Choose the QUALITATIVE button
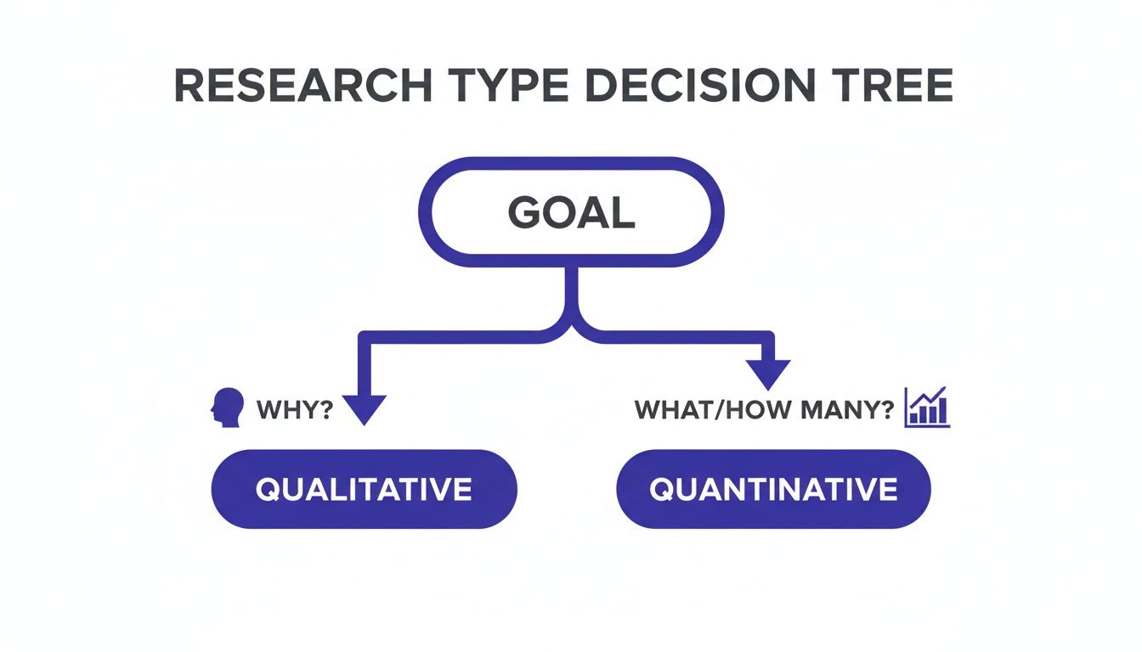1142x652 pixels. [364, 489]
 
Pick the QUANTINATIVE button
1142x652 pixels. [773, 489]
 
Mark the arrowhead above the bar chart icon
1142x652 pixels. [768, 374]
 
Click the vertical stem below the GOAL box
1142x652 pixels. [571, 293]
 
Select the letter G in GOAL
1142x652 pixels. [523, 214]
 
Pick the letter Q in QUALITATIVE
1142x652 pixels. [269, 490]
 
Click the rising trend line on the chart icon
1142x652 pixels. [929, 399]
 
